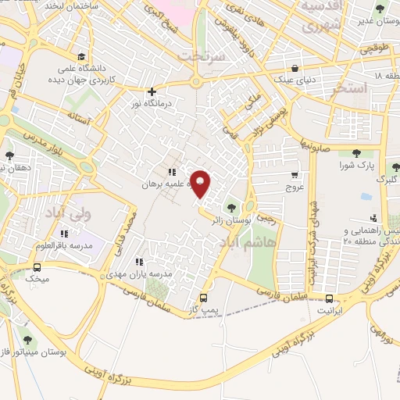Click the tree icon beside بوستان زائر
(x=230, y=207)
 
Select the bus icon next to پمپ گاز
(x=203, y=298)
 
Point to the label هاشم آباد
(x=272, y=244)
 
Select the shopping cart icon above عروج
(x=295, y=175)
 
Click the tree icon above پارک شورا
(x=357, y=153)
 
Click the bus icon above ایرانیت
(x=329, y=298)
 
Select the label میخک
(x=37, y=277)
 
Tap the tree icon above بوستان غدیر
(x=380, y=10)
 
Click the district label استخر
(x=348, y=87)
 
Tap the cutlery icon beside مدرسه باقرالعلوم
(x=66, y=233)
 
